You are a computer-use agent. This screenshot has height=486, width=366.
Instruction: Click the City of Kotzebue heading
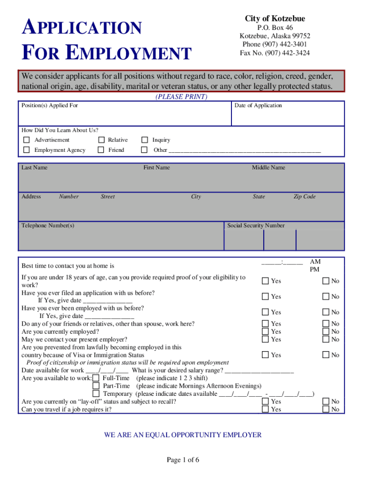[x=275, y=19]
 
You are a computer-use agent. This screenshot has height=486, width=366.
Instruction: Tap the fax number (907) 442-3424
[x=275, y=53]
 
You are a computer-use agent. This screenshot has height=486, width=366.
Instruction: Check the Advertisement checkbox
[x=27, y=140]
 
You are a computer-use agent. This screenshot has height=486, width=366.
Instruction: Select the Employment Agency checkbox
[x=27, y=150]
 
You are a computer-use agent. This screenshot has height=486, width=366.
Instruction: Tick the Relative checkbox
[x=101, y=140]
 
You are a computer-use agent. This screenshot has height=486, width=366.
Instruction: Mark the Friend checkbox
[x=101, y=150]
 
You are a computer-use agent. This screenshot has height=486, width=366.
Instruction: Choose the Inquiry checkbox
[x=144, y=140]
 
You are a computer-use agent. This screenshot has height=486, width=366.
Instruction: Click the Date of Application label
[x=258, y=105]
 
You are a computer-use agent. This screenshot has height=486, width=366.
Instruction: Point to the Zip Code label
[x=304, y=196]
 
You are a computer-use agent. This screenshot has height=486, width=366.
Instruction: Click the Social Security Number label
[x=256, y=225]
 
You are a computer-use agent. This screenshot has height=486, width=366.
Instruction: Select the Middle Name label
[x=269, y=168]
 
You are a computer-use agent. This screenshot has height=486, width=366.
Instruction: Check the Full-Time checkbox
[x=96, y=378]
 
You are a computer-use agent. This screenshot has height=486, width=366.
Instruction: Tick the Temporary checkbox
[x=96, y=393]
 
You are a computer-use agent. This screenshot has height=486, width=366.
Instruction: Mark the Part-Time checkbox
[x=96, y=386]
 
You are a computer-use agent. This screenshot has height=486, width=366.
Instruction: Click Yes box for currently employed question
[x=265, y=332]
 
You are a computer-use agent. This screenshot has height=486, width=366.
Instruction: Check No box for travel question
[x=326, y=409]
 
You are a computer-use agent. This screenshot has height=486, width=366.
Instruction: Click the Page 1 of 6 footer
[x=183, y=460]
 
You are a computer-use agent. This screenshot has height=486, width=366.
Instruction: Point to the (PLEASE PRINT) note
[x=181, y=97]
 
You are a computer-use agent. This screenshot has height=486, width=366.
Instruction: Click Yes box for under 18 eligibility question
[x=265, y=281]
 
